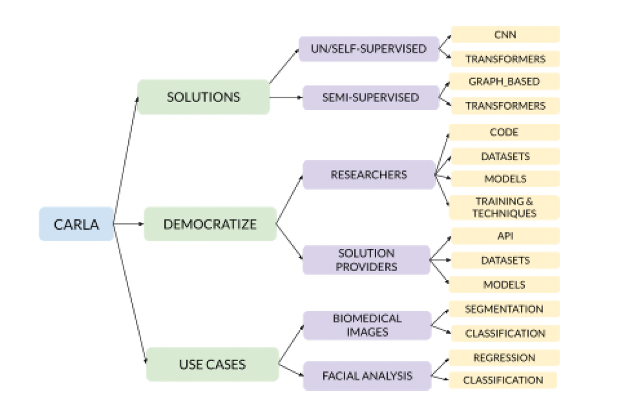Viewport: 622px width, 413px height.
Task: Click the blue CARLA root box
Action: point(76,224)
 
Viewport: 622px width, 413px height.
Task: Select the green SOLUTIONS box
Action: point(203,97)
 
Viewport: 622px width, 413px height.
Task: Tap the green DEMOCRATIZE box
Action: point(210,224)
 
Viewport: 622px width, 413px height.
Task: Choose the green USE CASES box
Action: point(212,364)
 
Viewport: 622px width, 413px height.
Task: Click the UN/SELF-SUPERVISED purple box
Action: point(368,49)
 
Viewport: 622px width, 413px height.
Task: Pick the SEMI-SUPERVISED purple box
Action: point(370,97)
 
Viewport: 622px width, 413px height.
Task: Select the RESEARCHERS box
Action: point(368,174)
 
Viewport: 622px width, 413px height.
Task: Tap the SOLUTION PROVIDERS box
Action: point(366,260)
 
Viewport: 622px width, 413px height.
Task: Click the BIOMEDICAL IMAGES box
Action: point(367,325)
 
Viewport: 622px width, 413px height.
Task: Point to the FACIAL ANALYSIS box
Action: point(367,376)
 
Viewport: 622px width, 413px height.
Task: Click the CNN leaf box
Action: point(505,34)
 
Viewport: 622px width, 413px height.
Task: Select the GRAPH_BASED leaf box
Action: point(505,81)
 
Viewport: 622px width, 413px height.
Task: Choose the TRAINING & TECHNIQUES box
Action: point(505,207)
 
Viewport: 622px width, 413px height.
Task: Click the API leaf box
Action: point(505,236)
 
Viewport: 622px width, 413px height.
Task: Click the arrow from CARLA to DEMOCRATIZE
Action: point(128,224)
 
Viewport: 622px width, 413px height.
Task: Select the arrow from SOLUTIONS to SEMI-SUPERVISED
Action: point(286,98)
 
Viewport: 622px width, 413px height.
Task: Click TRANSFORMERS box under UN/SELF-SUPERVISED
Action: point(505,59)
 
